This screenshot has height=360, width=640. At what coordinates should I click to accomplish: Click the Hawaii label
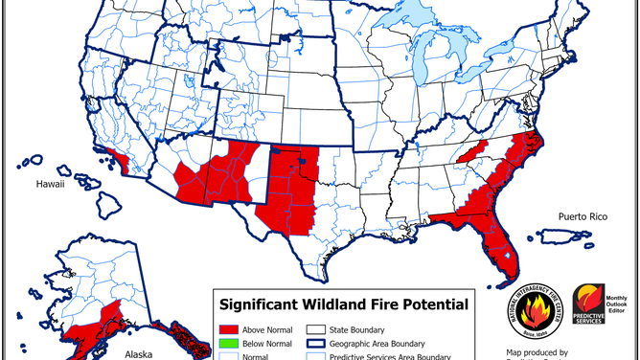coord(50,185)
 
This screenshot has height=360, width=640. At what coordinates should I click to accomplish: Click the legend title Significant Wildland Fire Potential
coord(345,304)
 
